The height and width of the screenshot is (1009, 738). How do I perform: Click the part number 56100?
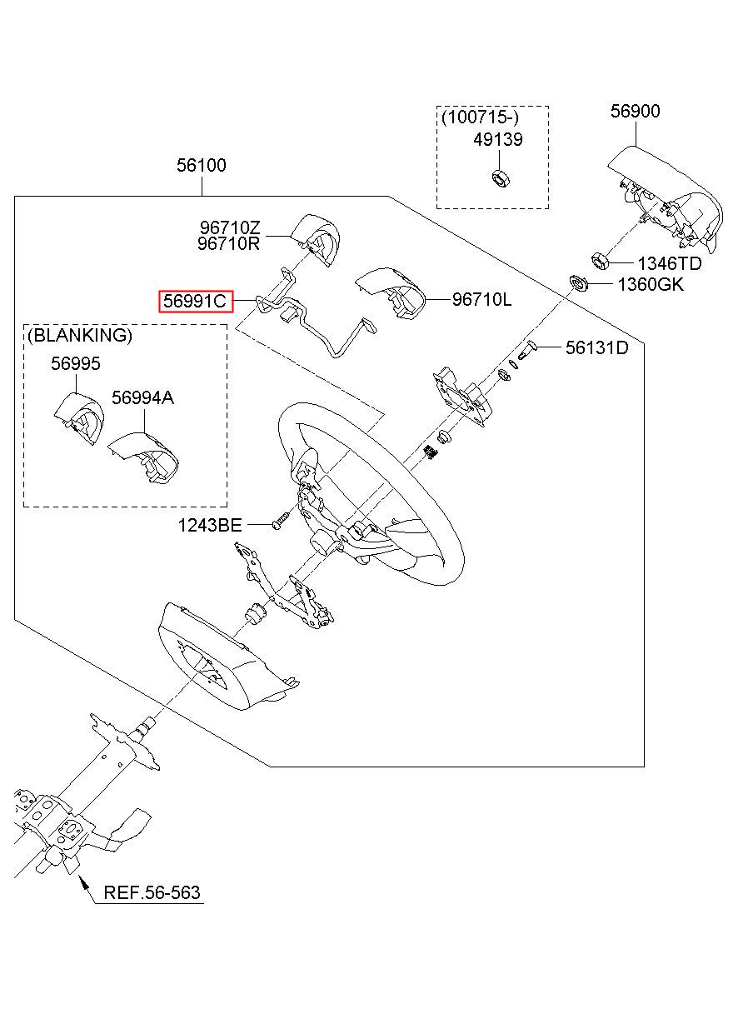201,166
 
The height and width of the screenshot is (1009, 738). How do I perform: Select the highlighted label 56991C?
196,301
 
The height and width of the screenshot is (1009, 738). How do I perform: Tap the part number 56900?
635,112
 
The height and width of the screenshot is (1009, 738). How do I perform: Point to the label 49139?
498,140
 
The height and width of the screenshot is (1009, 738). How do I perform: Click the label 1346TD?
670,264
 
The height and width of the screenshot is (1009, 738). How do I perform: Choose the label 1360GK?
650,285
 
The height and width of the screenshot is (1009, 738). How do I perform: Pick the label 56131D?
596,348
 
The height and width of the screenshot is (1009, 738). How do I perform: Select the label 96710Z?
229,227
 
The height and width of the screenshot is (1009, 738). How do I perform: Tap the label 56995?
75,364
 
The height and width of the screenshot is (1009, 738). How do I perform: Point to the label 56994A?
142,398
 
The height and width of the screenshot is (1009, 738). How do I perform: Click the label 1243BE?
209,525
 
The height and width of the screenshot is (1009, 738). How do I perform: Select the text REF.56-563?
152,893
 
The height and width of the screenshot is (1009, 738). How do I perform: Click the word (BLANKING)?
80,336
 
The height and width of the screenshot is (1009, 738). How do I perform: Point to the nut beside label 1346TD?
599,259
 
